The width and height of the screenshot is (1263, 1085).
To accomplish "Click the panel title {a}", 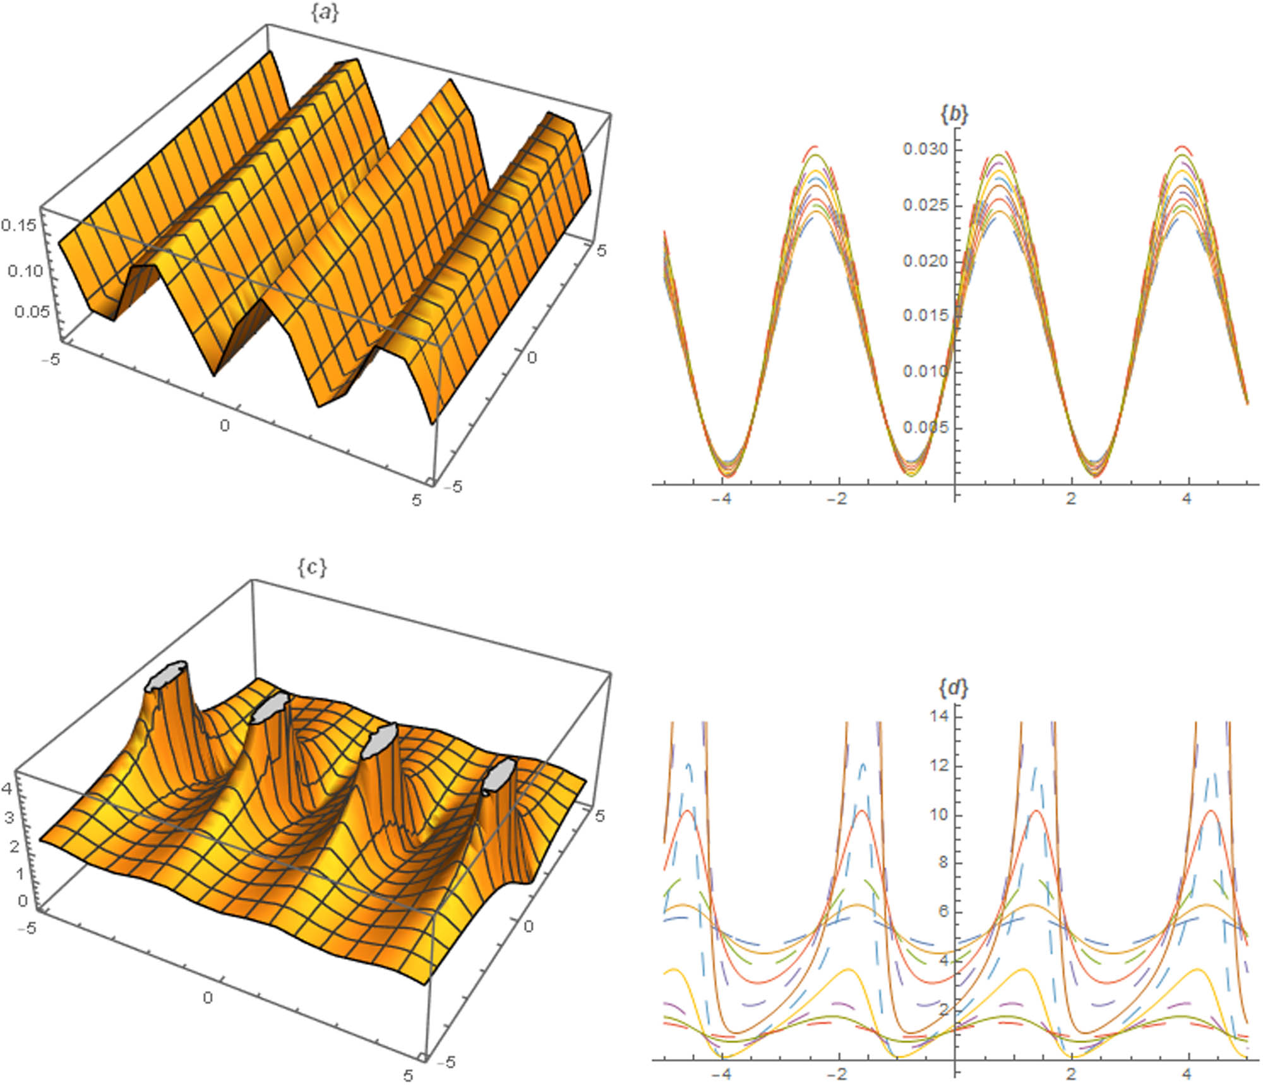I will (x=325, y=13).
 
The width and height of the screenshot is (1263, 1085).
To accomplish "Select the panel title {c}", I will (x=312, y=568).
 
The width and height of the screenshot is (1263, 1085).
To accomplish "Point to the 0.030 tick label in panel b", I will (x=925, y=149).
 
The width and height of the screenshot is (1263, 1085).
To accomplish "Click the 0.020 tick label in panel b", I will (x=925, y=261).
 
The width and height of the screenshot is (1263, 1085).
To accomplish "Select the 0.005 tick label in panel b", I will (x=925, y=428).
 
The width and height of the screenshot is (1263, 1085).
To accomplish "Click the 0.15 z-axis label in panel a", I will (x=18, y=225).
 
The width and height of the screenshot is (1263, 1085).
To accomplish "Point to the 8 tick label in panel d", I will (x=943, y=863).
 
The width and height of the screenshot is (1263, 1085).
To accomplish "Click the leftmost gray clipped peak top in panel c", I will (x=166, y=675).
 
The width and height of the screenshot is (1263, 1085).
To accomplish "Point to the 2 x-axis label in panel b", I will (x=1071, y=498).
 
